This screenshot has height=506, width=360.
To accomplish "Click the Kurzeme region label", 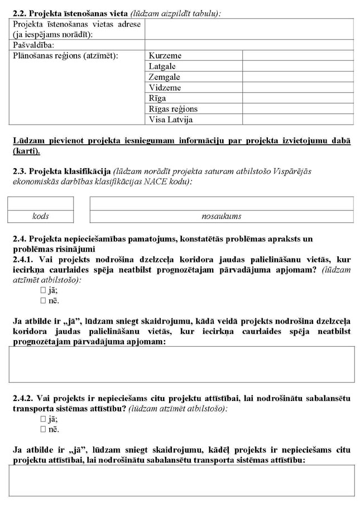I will tap(165, 56).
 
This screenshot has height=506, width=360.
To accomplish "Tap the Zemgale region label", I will tap(164, 77).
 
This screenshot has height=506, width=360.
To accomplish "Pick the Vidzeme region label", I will tap(165, 88).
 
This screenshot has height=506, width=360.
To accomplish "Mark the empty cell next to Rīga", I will tap(297, 98).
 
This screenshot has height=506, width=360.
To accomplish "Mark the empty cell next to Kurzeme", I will tap(297, 56).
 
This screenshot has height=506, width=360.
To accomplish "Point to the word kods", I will tap(41, 216).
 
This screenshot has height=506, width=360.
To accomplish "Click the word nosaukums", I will tap(222, 216).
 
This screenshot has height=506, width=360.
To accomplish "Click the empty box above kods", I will tap(41, 203).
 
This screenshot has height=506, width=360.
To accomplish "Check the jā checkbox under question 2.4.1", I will tap(42, 291).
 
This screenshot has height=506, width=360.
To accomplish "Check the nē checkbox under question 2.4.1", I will tap(42, 301).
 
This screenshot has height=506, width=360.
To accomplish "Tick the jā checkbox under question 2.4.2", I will tap(42, 419).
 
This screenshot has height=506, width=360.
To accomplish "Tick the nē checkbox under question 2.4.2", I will tap(42, 429).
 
